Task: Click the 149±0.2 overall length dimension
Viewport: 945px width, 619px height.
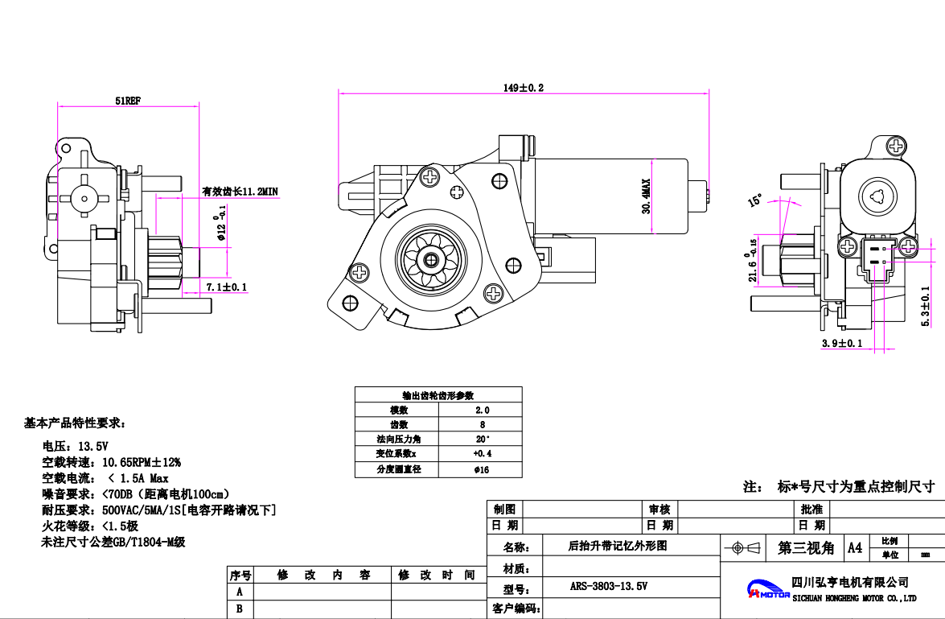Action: click(524, 88)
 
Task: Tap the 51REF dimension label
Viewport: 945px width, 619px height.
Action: click(128, 101)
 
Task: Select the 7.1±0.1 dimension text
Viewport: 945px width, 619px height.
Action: click(227, 287)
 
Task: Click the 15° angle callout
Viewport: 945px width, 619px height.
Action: click(755, 200)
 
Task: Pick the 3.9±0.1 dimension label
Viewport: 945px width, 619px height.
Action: click(841, 343)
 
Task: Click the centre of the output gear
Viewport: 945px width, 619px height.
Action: click(432, 260)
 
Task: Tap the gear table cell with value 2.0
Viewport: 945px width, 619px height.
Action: click(482, 410)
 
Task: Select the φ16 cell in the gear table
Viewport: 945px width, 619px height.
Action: click(482, 469)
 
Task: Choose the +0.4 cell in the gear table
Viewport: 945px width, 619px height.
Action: click(482, 454)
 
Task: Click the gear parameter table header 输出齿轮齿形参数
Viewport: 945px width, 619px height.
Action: click(438, 395)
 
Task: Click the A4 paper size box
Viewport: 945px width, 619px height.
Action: click(855, 547)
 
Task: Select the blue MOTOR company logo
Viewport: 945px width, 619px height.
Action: click(767, 590)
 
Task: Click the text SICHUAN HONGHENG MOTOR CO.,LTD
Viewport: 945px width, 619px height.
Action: click(854, 598)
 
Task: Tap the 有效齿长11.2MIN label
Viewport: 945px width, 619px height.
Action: click(240, 191)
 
